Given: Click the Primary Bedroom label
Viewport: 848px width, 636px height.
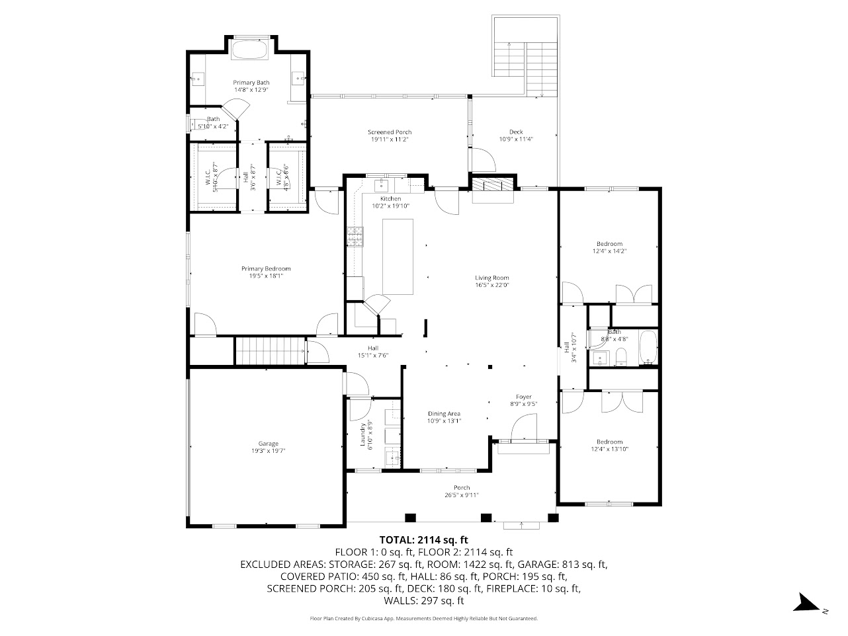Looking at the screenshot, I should pyautogui.click(x=265, y=268).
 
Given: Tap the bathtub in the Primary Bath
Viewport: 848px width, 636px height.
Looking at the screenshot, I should pyautogui.click(x=249, y=50).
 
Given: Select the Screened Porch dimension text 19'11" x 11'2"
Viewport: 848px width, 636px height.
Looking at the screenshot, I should pyautogui.click(x=390, y=139).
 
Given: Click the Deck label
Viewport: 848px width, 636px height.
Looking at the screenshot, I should pyautogui.click(x=515, y=132).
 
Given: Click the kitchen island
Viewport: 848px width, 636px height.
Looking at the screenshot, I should pyautogui.click(x=397, y=257).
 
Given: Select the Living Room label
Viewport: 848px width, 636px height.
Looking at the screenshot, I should pyautogui.click(x=491, y=278).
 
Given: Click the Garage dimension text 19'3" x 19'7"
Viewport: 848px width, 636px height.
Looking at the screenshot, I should pyautogui.click(x=268, y=451).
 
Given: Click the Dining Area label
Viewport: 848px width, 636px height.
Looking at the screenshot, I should pyautogui.click(x=443, y=414).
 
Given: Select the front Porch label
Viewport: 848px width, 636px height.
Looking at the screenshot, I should pyautogui.click(x=462, y=488).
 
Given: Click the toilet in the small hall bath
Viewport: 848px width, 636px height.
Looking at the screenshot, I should pyautogui.click(x=620, y=358).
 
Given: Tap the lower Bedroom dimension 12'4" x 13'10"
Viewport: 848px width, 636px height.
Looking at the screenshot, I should pyautogui.click(x=609, y=449).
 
